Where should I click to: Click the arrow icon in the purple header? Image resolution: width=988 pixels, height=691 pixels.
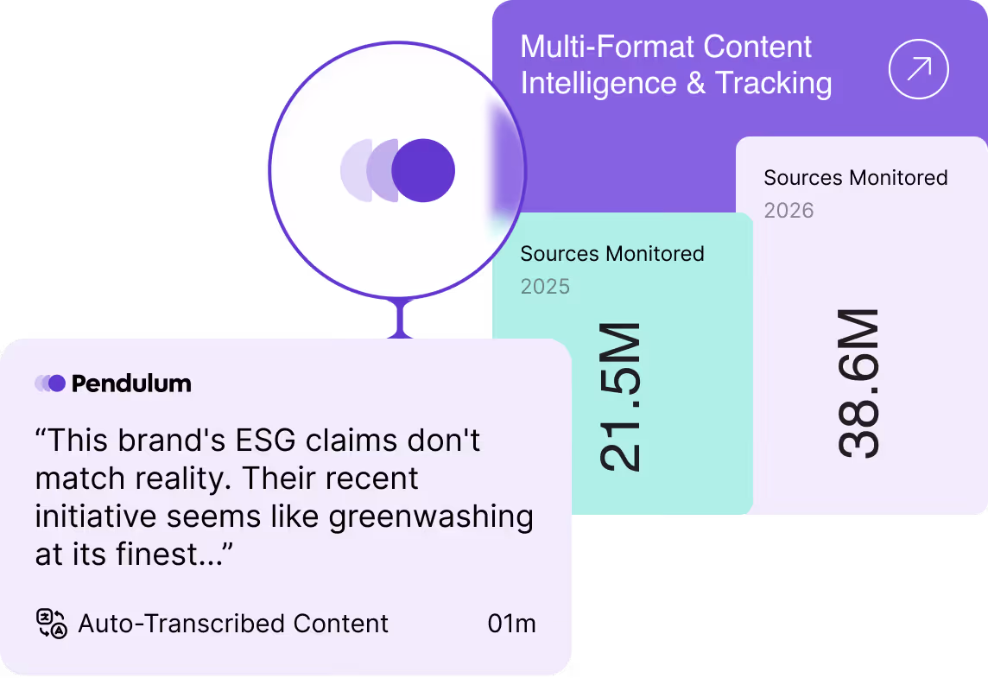919,68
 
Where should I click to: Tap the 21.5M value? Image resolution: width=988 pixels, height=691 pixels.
621,396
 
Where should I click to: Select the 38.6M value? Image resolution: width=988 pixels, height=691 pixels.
858,384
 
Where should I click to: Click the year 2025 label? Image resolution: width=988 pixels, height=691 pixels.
545,287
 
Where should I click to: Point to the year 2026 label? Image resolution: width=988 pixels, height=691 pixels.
788,211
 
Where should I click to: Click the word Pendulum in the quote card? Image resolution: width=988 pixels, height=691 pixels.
131,384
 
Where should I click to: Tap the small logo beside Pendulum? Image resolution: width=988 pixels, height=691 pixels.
50,384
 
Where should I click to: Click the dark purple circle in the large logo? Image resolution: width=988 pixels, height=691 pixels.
423,170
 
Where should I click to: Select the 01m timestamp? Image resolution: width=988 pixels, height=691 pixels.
511,624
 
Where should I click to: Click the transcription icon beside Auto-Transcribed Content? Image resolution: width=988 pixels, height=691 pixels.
51,623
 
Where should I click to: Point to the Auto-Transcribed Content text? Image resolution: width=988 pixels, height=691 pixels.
233,624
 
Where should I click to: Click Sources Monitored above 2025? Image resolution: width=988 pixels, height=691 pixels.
612,254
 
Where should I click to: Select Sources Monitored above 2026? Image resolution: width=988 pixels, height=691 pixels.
855,178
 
